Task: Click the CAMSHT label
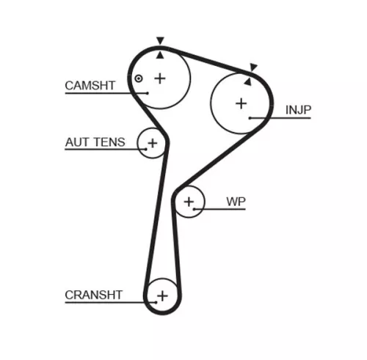[90, 86]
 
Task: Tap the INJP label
[298, 110]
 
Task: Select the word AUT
[78, 142]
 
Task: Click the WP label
[236, 201]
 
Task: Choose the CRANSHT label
[93, 295]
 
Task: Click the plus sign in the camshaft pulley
[160, 78]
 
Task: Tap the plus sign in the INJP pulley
[241, 103]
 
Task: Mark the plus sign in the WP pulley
[190, 201]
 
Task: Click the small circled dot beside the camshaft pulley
[137, 78]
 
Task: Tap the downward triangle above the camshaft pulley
[160, 41]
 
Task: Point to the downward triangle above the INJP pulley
[254, 68]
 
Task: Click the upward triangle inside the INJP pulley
[248, 81]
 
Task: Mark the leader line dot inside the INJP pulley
[250, 117]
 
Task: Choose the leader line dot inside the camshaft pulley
[148, 92]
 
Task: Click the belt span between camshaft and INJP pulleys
[213, 60]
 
